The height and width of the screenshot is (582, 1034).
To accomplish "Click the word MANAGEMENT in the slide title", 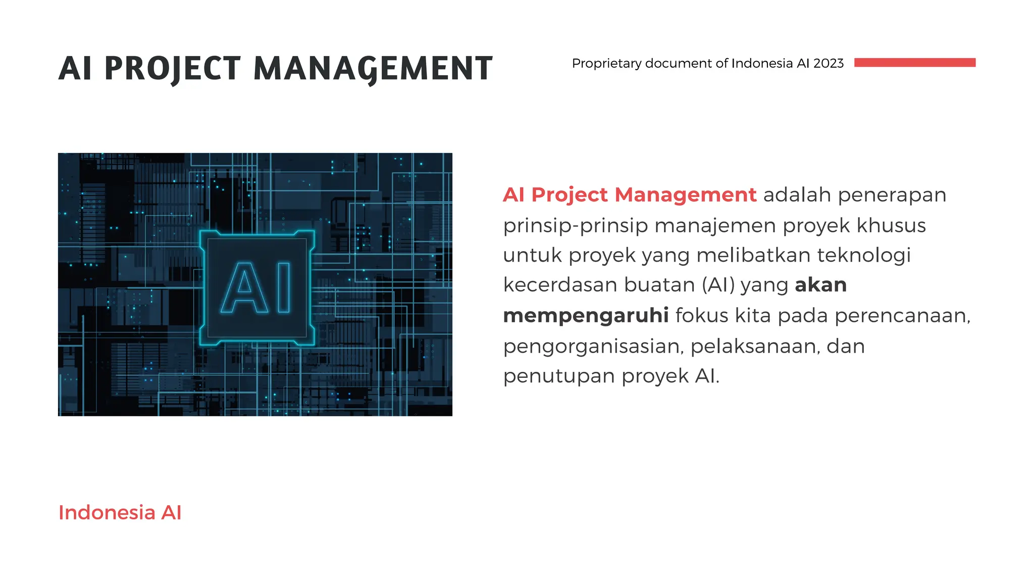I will [x=373, y=69].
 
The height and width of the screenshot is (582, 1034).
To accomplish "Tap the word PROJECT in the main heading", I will [x=172, y=69].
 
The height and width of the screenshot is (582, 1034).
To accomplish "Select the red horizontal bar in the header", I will [x=914, y=63].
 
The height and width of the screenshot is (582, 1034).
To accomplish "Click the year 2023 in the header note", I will [x=828, y=63].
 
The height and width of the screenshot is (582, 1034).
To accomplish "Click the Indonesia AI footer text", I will [x=120, y=512].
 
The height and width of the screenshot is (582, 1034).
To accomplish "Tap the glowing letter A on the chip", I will [x=244, y=287].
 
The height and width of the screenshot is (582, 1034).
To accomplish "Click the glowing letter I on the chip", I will [x=284, y=287].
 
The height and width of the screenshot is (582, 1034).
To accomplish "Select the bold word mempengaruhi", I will [x=586, y=315].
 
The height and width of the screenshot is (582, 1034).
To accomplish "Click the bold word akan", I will [x=820, y=285].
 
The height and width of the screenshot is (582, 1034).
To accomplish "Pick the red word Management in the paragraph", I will [x=685, y=195].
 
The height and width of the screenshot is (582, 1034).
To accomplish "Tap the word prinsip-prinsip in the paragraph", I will [x=575, y=225].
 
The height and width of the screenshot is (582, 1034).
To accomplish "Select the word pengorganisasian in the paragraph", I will [x=593, y=347].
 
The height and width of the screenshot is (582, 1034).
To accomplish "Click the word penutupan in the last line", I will [x=559, y=376].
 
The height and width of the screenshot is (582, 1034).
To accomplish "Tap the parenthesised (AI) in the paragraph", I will [x=718, y=285].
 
